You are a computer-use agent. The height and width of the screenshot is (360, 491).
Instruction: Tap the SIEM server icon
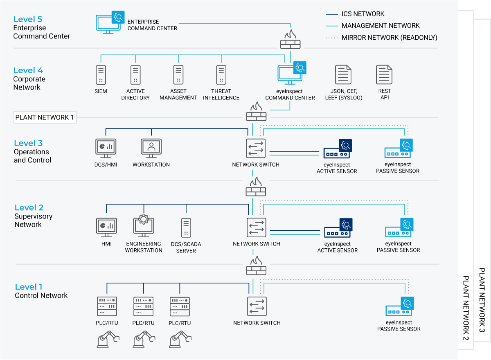(x=101, y=75)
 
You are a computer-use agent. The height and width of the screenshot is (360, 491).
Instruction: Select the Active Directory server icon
(x=135, y=75)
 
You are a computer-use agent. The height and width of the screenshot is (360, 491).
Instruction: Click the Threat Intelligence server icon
(x=221, y=75)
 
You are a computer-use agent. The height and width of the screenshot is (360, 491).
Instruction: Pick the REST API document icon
(x=384, y=74)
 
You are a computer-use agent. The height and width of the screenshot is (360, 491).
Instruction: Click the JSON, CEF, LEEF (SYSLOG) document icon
(x=343, y=74)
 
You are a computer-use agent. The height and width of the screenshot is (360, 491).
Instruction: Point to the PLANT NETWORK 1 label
(x=45, y=117)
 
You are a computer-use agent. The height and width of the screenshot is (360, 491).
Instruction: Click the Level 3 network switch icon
(x=256, y=148)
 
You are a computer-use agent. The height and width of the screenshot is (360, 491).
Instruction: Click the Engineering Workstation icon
(x=143, y=226)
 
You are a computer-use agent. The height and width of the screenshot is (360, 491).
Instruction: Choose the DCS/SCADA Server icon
(x=186, y=228)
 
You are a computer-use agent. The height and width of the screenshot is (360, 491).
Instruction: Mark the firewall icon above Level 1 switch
(x=256, y=266)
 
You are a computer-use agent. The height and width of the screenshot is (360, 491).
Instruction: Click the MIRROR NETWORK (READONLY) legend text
(x=390, y=38)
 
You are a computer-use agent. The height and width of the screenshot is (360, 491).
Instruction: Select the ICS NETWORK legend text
(x=363, y=14)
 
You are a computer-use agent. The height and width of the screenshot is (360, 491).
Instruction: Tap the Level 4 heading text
(x=28, y=70)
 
